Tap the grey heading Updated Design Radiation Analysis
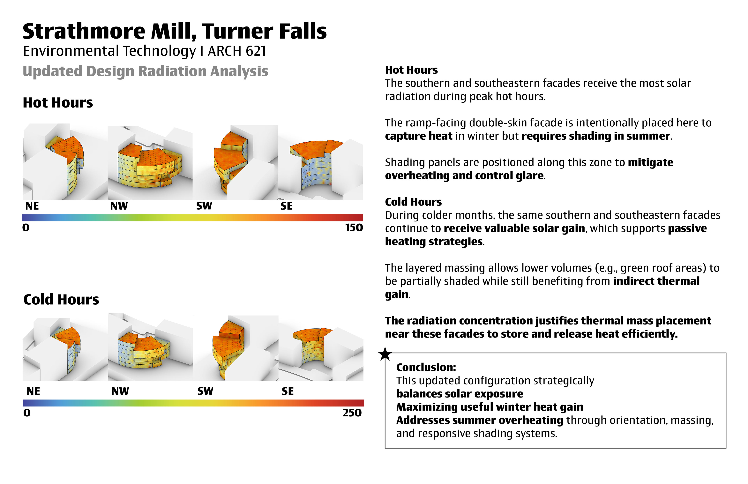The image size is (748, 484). [145, 71]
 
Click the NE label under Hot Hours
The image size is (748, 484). [32, 206]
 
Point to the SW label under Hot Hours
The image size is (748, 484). [204, 206]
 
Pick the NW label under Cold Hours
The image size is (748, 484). [120, 391]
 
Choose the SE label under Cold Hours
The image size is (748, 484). [288, 391]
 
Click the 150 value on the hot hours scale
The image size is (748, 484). [354, 227]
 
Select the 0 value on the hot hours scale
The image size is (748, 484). [26, 227]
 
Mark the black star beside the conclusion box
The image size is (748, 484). [385, 354]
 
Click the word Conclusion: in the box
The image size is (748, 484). [426, 367]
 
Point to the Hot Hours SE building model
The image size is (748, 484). [318, 163]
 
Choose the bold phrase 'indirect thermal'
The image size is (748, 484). [656, 281]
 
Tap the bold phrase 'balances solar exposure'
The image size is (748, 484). [460, 394]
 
